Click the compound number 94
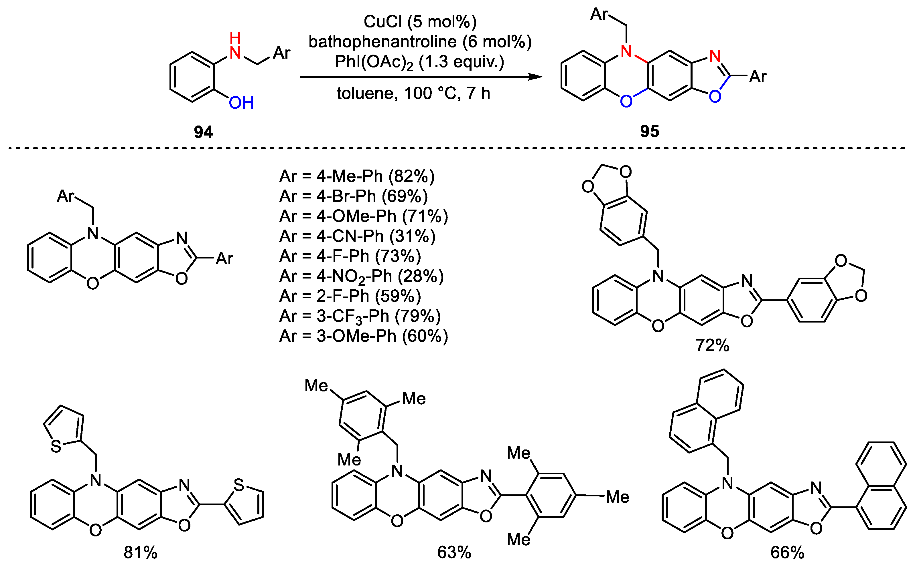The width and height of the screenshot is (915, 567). tap(203, 132)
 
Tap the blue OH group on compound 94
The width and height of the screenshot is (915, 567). tap(241, 103)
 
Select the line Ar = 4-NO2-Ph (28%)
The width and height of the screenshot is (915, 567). tap(361, 276)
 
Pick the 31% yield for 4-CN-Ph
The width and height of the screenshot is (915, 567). tap(412, 236)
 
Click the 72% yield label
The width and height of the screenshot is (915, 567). tap(712, 345)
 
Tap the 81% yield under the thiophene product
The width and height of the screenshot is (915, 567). tap(140, 552)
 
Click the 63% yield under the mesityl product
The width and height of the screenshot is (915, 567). tap(454, 552)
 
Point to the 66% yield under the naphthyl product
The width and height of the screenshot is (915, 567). tap(787, 552)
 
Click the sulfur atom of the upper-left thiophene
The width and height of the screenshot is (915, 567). tap(56, 446)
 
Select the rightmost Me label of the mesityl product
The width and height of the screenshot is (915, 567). tap(617, 497)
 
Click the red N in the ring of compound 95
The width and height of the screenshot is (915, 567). tap(626, 51)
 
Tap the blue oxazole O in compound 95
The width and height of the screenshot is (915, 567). tap(715, 97)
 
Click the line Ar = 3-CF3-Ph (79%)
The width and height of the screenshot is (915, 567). tap(360, 316)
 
